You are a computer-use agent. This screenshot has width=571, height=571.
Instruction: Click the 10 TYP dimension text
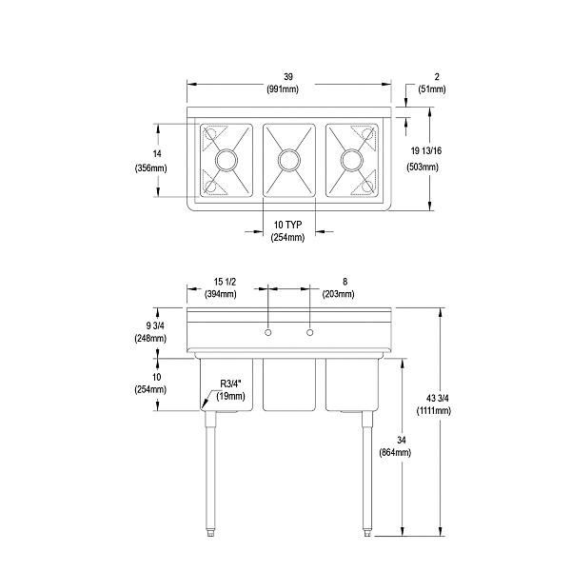click(287, 225)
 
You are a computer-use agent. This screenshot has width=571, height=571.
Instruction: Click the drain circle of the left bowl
click(226, 160)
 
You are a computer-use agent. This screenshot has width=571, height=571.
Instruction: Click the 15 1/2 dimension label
click(226, 282)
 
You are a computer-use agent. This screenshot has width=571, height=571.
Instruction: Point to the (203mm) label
click(339, 294)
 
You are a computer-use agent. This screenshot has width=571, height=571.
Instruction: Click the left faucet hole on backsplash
click(268, 333)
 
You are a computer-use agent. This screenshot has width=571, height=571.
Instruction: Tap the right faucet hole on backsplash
click(309, 333)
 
